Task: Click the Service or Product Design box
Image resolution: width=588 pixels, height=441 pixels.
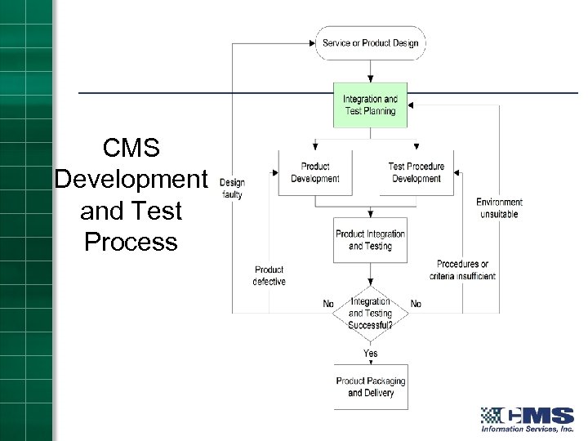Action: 370,43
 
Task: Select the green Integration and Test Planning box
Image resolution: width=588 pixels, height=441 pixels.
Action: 370,105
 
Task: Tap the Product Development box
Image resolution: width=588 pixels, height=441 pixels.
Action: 315,172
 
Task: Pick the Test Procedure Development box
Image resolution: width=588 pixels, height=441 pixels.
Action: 416,172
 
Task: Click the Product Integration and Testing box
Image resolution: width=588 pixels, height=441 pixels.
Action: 370,240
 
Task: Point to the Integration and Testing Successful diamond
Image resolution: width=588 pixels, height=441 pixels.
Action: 370,313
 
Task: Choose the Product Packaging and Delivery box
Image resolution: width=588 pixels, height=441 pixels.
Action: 370,387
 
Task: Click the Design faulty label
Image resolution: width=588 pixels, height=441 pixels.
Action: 232,189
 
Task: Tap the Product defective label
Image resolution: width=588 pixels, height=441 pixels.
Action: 269,275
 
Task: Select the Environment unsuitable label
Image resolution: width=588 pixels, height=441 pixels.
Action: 499,208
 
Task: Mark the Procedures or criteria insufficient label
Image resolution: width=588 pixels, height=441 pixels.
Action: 462,270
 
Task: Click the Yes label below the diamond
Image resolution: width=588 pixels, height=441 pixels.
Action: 370,353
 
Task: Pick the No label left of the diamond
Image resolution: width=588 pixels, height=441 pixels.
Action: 328,304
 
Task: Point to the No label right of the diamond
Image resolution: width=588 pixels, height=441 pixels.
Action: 416,304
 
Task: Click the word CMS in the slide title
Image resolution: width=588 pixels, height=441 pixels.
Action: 131,149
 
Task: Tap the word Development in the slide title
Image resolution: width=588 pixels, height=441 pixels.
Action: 131,180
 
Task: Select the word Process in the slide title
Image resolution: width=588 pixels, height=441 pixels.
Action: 131,243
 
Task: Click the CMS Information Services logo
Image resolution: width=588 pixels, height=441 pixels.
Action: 527,419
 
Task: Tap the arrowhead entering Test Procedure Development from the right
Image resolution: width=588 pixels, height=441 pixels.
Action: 457,172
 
